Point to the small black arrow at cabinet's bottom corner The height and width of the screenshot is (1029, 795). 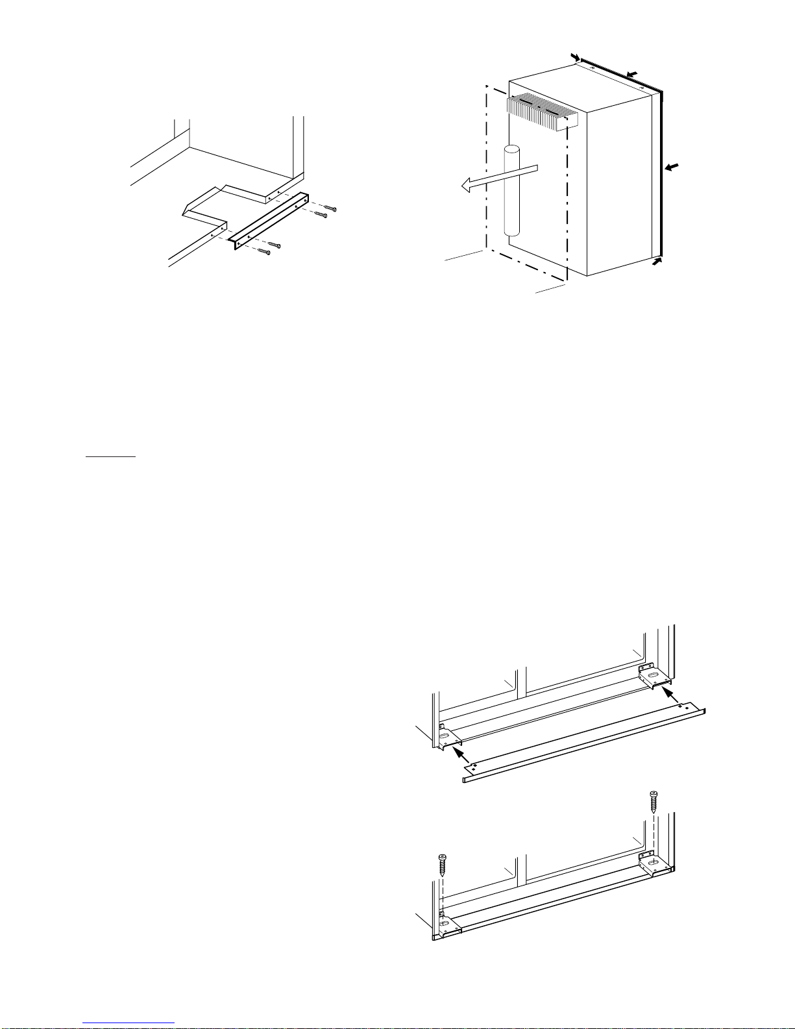658,261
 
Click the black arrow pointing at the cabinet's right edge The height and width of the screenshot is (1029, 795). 674,167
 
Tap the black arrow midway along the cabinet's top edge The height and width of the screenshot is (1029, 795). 632,73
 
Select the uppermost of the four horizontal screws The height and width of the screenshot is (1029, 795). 331,209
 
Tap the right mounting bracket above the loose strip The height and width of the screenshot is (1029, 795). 655,676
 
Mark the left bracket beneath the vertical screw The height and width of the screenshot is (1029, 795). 446,923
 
